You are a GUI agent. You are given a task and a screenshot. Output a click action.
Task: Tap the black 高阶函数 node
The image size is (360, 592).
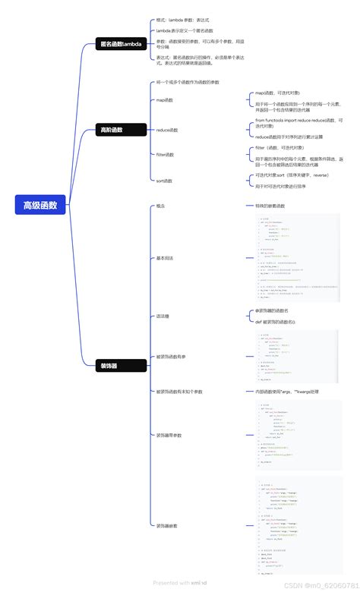click(x=112, y=130)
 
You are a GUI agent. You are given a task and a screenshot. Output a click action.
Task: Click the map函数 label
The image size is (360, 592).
click(x=165, y=99)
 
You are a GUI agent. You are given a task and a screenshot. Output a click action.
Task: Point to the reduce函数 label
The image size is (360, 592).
click(x=167, y=130)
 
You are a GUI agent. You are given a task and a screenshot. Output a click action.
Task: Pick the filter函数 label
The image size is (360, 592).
click(x=165, y=155)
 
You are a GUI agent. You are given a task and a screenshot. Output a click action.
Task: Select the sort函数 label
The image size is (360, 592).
click(x=164, y=181)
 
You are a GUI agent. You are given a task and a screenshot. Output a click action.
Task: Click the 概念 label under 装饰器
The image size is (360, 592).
click(x=160, y=206)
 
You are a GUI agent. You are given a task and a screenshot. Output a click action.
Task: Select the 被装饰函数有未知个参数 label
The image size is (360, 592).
click(x=179, y=392)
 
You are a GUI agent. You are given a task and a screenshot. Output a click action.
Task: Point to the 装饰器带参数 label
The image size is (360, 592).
click(x=169, y=435)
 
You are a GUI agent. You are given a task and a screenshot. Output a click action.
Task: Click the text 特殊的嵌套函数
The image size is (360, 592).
click(x=270, y=206)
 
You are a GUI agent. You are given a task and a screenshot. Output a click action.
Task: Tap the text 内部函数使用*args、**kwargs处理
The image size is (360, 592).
click(x=292, y=392)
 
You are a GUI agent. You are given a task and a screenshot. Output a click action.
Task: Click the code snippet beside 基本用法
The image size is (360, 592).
click(x=298, y=257)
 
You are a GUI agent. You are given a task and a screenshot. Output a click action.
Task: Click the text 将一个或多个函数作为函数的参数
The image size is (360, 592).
click(x=188, y=82)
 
